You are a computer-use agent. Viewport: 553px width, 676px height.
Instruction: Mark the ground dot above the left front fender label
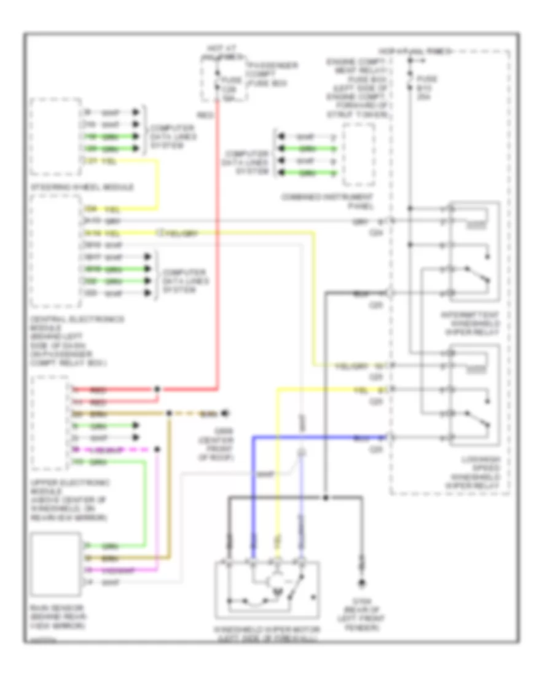(x=362, y=583)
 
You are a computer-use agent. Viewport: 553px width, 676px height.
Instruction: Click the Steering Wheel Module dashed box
(x=55, y=136)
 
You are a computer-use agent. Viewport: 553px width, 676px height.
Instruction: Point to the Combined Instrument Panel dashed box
(x=358, y=153)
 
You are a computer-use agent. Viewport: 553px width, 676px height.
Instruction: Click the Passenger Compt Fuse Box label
(x=264, y=73)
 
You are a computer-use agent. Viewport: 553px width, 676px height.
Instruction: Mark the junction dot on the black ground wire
(x=325, y=497)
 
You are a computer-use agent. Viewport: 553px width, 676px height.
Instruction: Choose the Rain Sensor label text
(x=58, y=616)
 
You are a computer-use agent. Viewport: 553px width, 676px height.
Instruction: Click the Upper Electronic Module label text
(x=68, y=497)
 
